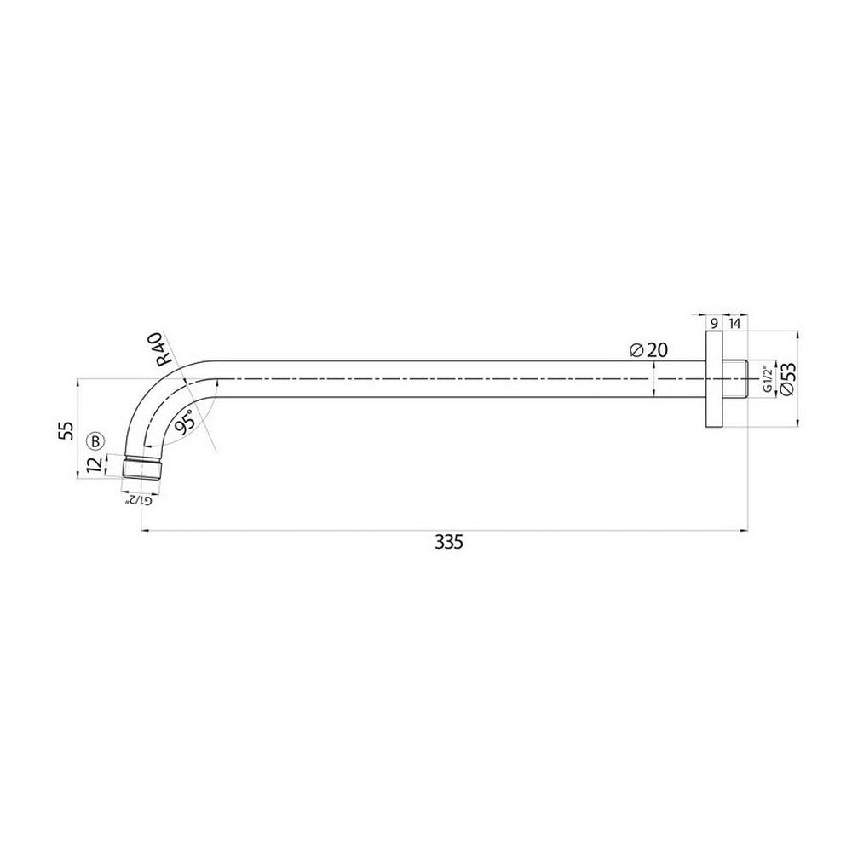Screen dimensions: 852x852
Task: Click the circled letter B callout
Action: [96, 441]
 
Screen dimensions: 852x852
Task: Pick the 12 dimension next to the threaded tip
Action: [95, 463]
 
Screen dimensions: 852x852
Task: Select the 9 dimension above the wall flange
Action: [713, 322]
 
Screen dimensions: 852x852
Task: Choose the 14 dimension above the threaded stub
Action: [734, 322]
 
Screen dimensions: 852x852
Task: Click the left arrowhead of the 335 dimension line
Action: [144, 532]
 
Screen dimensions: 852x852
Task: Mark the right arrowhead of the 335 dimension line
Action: [744, 532]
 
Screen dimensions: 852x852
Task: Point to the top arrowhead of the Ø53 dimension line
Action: [797, 334]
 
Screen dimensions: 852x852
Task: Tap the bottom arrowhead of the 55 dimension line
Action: [79, 479]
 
